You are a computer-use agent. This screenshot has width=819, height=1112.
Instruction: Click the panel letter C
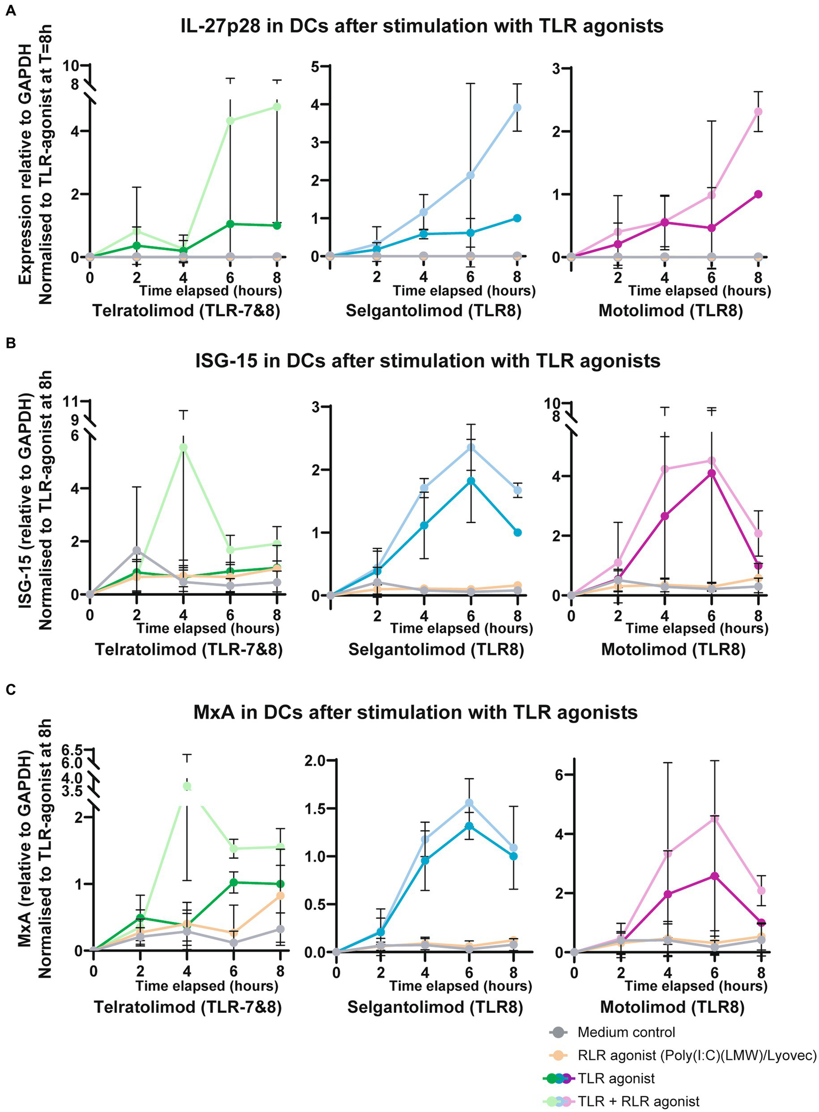[x=10, y=689]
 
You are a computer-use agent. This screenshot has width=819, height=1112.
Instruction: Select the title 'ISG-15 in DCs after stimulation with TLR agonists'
[x=427, y=361]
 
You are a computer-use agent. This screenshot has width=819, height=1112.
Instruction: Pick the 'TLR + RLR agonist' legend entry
[x=638, y=1101]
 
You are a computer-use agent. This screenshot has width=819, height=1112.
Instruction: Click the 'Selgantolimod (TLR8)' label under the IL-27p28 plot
[x=433, y=310]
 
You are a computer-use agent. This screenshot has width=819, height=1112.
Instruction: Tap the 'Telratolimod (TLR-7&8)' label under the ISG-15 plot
[x=188, y=650]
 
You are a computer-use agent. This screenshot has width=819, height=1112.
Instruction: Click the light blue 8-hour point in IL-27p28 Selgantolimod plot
[x=516, y=107]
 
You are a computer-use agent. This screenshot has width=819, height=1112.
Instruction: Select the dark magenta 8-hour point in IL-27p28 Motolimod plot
[x=758, y=194]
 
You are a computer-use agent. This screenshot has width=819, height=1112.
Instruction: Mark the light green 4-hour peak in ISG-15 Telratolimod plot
[x=184, y=447]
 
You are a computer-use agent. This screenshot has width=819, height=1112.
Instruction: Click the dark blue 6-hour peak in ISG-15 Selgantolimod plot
[x=471, y=481]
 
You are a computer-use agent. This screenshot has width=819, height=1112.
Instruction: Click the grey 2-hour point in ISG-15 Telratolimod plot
[x=137, y=550]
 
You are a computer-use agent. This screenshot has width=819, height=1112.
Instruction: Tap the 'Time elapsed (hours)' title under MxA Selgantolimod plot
[x=460, y=986]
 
